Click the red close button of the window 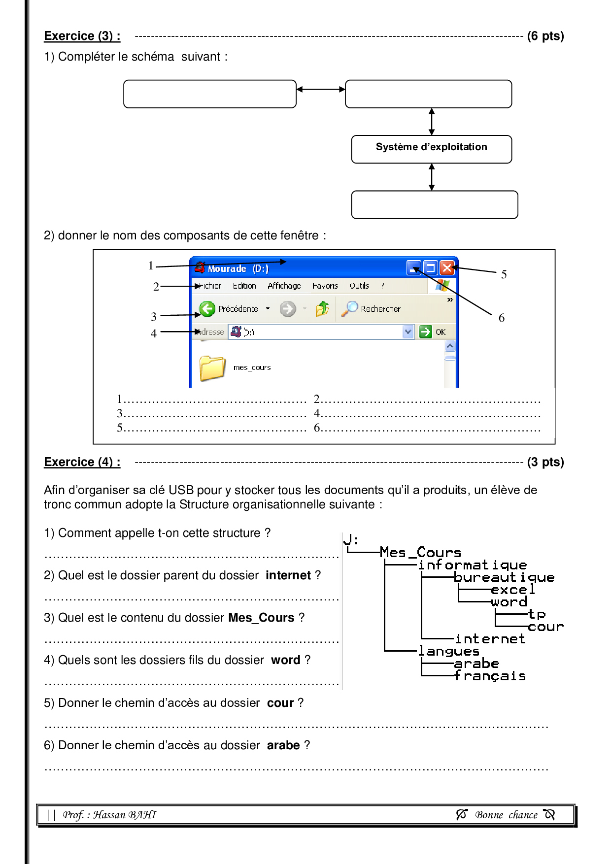click(x=447, y=267)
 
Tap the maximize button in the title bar click(x=431, y=267)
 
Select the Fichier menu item click(x=210, y=286)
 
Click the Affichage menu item click(x=284, y=286)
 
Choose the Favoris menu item click(x=325, y=286)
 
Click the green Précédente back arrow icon click(x=207, y=309)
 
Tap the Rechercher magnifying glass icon click(x=350, y=308)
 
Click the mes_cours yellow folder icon click(x=212, y=368)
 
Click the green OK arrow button click(x=425, y=332)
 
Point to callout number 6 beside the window click(x=502, y=318)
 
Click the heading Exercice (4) click(x=82, y=462)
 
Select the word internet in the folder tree click(x=490, y=639)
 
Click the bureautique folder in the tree click(x=504, y=577)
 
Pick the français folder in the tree click(x=490, y=676)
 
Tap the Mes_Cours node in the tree click(x=420, y=553)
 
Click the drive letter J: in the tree click(x=351, y=540)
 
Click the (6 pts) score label click(x=545, y=36)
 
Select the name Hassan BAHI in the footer click(x=125, y=815)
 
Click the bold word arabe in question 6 click(x=283, y=745)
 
